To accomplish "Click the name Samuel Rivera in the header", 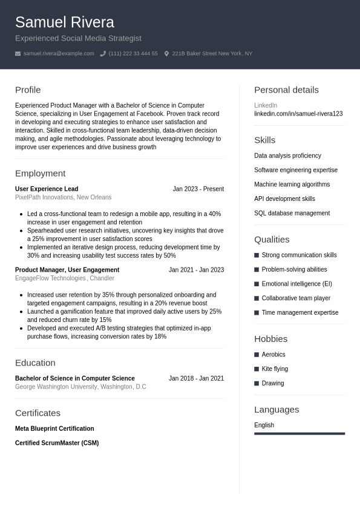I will click(64, 22).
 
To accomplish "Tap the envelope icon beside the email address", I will click(18, 54).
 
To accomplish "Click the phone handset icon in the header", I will click(103, 54).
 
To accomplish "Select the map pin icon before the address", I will click(166, 54).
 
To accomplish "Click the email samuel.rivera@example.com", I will click(59, 54).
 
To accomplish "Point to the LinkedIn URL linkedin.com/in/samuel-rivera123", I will click(298, 114).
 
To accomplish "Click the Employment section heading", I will click(40, 173).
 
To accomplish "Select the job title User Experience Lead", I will click(47, 189).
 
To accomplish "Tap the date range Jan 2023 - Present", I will click(198, 189).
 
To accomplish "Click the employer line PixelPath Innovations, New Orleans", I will click(63, 197).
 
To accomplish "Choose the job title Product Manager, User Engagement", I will click(67, 270).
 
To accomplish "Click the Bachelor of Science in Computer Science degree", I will click(75, 378).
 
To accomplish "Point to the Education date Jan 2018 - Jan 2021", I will click(196, 378).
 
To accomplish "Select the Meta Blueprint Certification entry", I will click(54, 429).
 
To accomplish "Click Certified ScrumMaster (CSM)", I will click(57, 443).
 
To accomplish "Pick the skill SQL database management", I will click(292, 213).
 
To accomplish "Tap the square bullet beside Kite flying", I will click(257, 369).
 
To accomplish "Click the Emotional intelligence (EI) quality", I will click(296, 284).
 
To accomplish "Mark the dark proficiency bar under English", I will click(299, 433).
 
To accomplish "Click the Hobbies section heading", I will click(270, 339).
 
